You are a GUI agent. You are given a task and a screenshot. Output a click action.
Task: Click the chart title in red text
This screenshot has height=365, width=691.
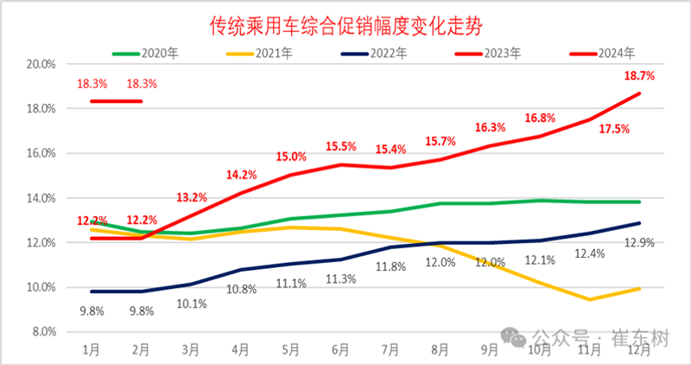click(x=345, y=26)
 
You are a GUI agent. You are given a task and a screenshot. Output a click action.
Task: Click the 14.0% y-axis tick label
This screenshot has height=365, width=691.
click(x=41, y=198)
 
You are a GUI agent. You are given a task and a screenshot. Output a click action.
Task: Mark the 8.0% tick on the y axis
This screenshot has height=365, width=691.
click(x=42, y=331)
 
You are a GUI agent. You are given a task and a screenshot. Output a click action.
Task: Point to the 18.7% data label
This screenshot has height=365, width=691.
click(x=638, y=76)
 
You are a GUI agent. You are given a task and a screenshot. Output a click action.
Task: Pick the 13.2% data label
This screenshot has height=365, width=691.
click(x=191, y=197)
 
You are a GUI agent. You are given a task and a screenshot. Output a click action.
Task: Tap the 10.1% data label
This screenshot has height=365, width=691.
click(x=191, y=304)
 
